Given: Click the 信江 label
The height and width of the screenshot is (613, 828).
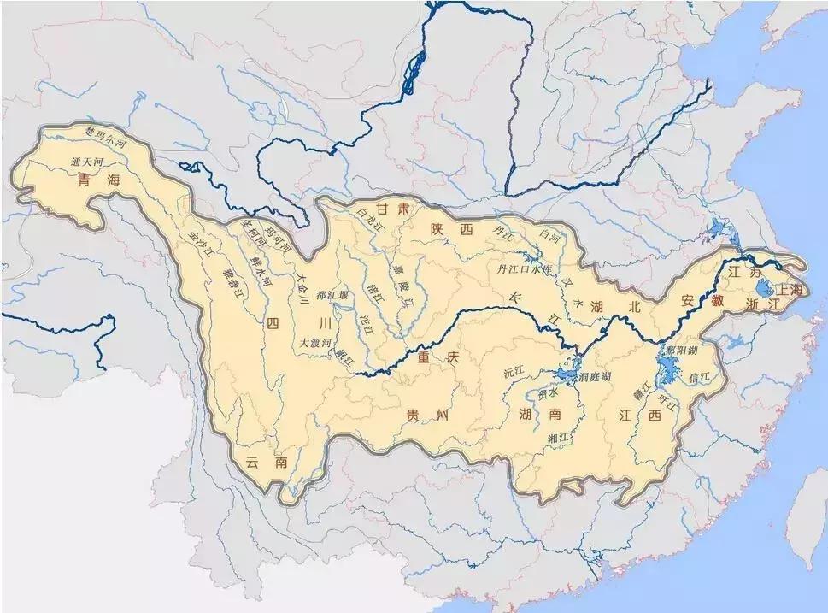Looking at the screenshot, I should (699, 376).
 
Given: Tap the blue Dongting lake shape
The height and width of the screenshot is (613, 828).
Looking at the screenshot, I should (564, 374).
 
